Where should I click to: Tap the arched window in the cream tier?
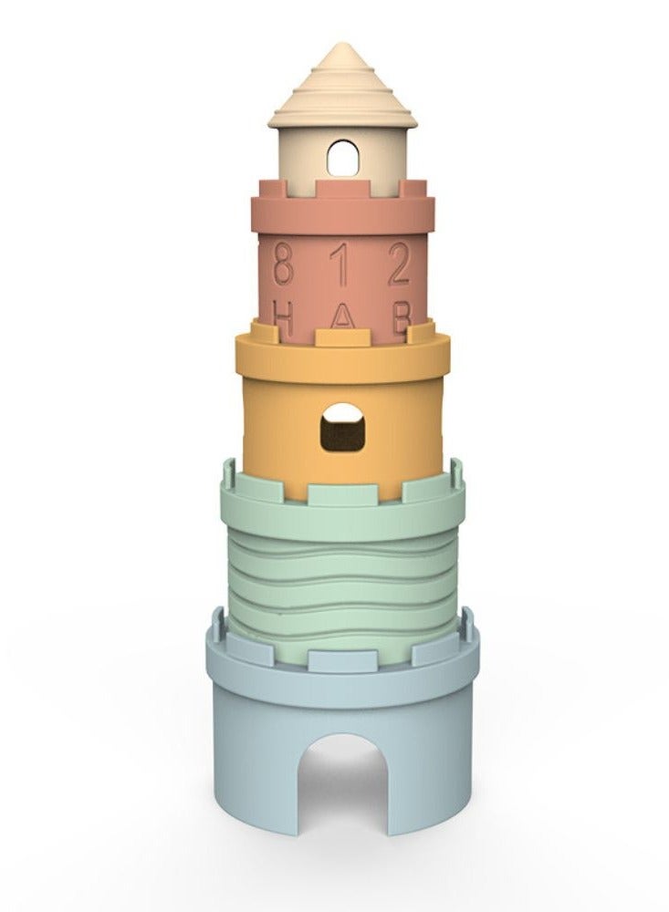click(342, 158)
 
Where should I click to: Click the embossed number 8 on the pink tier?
click(283, 264)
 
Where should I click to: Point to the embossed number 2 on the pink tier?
click(400, 264)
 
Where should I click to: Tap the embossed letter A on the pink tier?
click(342, 317)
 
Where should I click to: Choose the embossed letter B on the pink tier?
click(401, 317)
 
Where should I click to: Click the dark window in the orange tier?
click(342, 427)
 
